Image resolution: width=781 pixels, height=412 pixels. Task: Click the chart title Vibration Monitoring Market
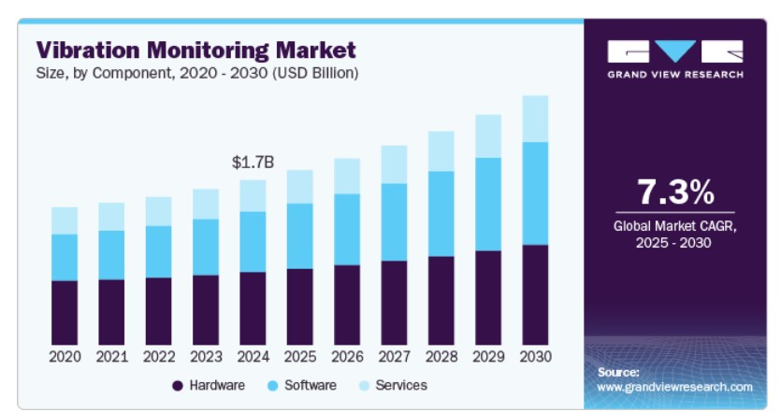[x=196, y=49]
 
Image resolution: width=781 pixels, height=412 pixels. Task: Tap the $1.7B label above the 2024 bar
[x=253, y=163]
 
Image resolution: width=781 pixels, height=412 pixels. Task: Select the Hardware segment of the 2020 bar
[x=65, y=312]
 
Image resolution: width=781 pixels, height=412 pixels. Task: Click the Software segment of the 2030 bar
[x=535, y=193]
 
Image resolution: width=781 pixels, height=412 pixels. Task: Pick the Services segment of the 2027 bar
[x=394, y=164]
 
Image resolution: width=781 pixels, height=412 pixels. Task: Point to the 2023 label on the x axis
[x=206, y=357]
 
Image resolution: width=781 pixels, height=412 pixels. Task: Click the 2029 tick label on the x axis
[x=488, y=357]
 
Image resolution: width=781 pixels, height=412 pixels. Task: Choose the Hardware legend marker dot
[x=177, y=385]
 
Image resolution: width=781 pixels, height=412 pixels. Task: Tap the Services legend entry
[x=401, y=385]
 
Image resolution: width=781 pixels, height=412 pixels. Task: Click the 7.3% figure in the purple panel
[x=675, y=192]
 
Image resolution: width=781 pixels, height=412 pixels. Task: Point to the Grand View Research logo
[x=675, y=59]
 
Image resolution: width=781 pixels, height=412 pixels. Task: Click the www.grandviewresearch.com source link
[x=674, y=386]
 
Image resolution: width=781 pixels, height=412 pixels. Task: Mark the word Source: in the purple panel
[x=618, y=371]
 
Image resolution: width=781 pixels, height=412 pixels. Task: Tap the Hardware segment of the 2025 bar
[x=299, y=306]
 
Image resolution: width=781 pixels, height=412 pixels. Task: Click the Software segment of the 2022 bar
[x=159, y=252]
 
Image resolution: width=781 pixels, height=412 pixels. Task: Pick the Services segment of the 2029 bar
[x=488, y=136]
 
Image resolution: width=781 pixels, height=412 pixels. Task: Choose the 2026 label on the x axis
[x=347, y=357]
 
